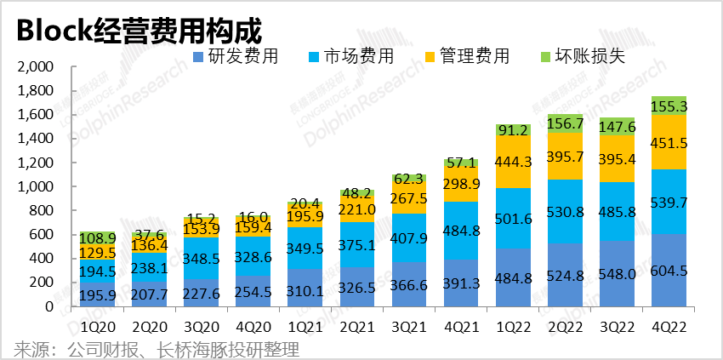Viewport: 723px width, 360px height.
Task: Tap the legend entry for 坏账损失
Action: (583, 57)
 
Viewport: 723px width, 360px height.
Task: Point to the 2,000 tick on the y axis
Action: (35, 66)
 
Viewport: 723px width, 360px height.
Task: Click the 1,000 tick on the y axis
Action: (35, 186)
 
